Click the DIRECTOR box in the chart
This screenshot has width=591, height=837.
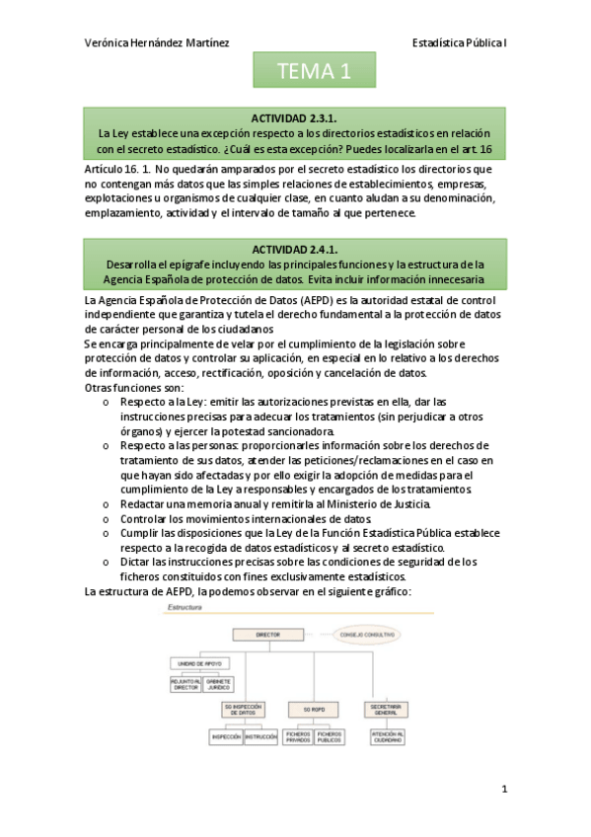coord(266,635)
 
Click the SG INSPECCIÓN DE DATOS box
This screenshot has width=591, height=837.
coord(245,710)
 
